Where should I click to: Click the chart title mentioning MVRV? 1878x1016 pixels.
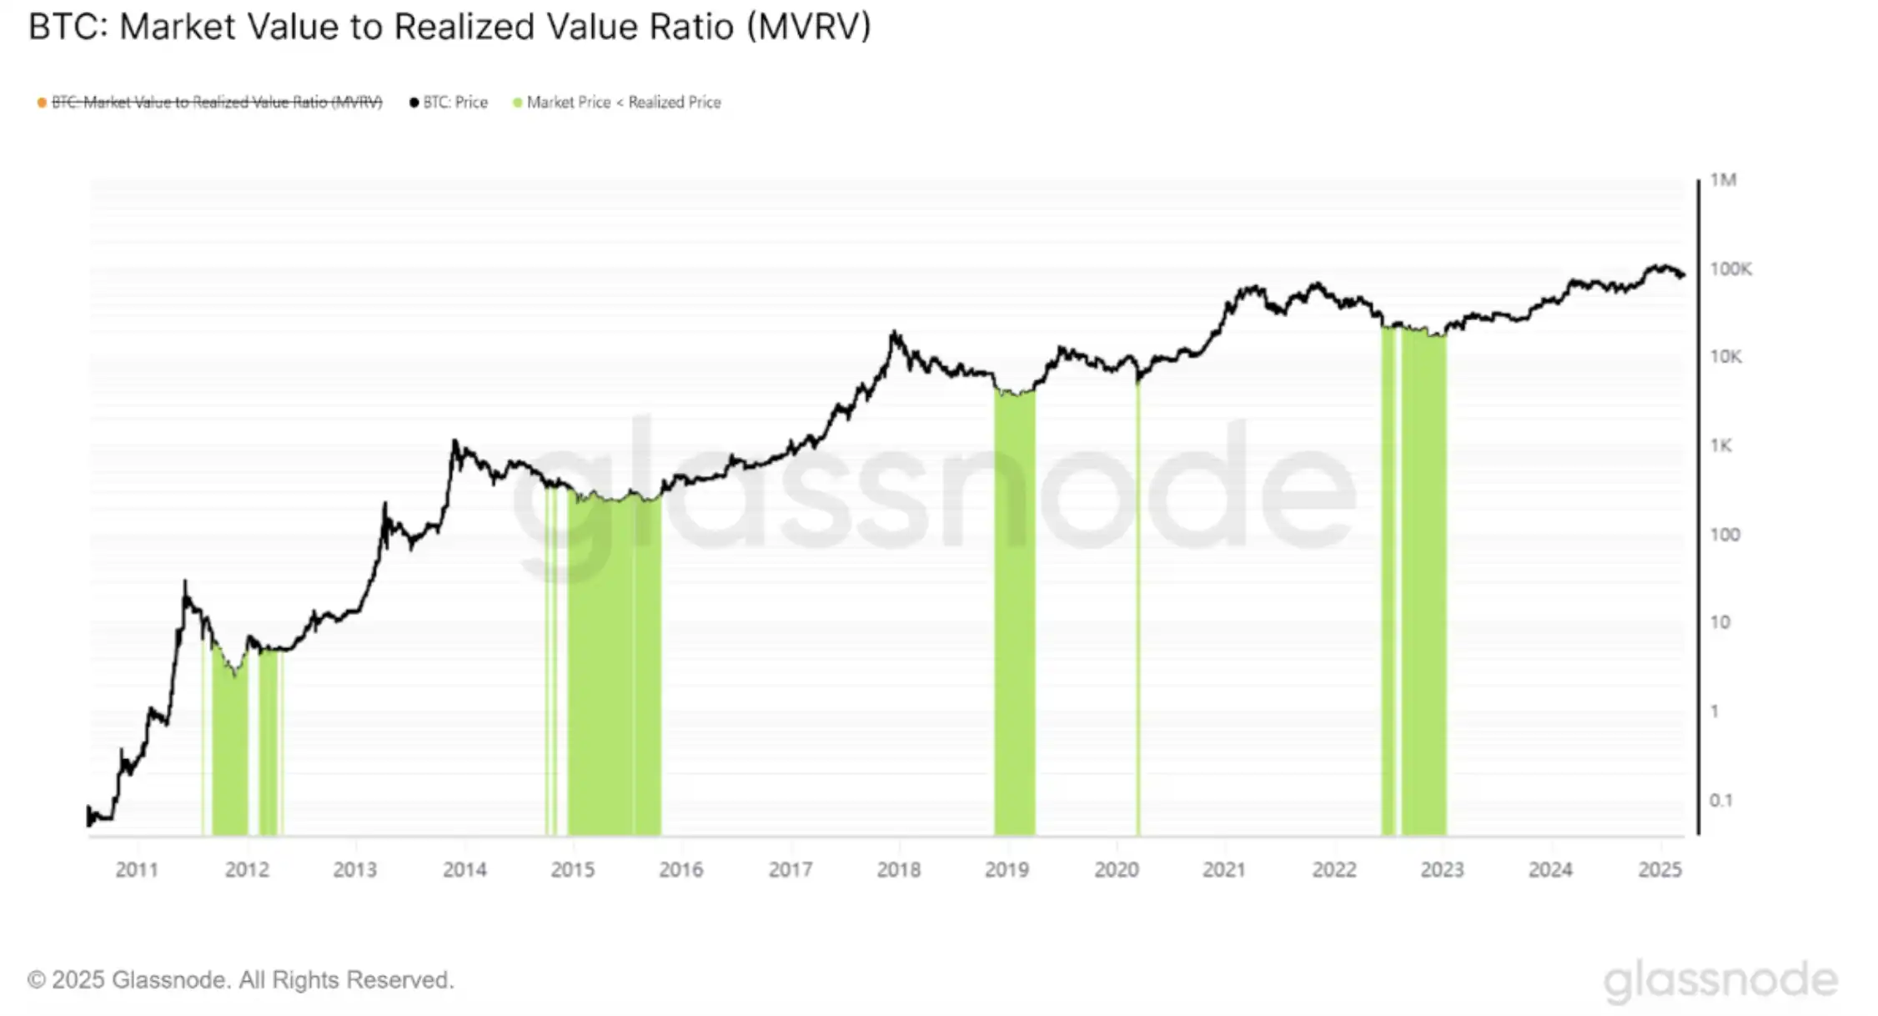449,28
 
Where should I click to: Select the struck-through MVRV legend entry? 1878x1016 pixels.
216,103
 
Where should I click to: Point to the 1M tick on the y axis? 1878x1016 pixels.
1722,180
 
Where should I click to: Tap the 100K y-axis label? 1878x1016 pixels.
1730,269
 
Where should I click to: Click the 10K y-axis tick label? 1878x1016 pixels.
1725,357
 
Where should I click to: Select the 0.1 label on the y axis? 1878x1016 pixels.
1720,801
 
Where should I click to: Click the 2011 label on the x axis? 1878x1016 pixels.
137,870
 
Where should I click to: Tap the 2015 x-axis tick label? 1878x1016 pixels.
573,870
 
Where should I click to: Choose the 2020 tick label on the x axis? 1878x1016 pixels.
1116,870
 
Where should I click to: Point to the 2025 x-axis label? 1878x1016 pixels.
1660,870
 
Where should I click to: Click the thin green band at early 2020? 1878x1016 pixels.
1137,609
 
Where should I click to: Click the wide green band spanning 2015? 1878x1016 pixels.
615,667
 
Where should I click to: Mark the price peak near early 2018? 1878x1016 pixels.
894,333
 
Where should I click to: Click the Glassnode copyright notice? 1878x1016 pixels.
240,980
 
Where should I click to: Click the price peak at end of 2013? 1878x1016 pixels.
454,441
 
